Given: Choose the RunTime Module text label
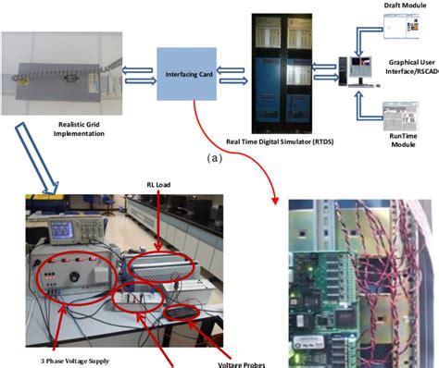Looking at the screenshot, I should [x=402, y=139].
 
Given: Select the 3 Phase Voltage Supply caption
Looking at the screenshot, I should [x=69, y=360].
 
